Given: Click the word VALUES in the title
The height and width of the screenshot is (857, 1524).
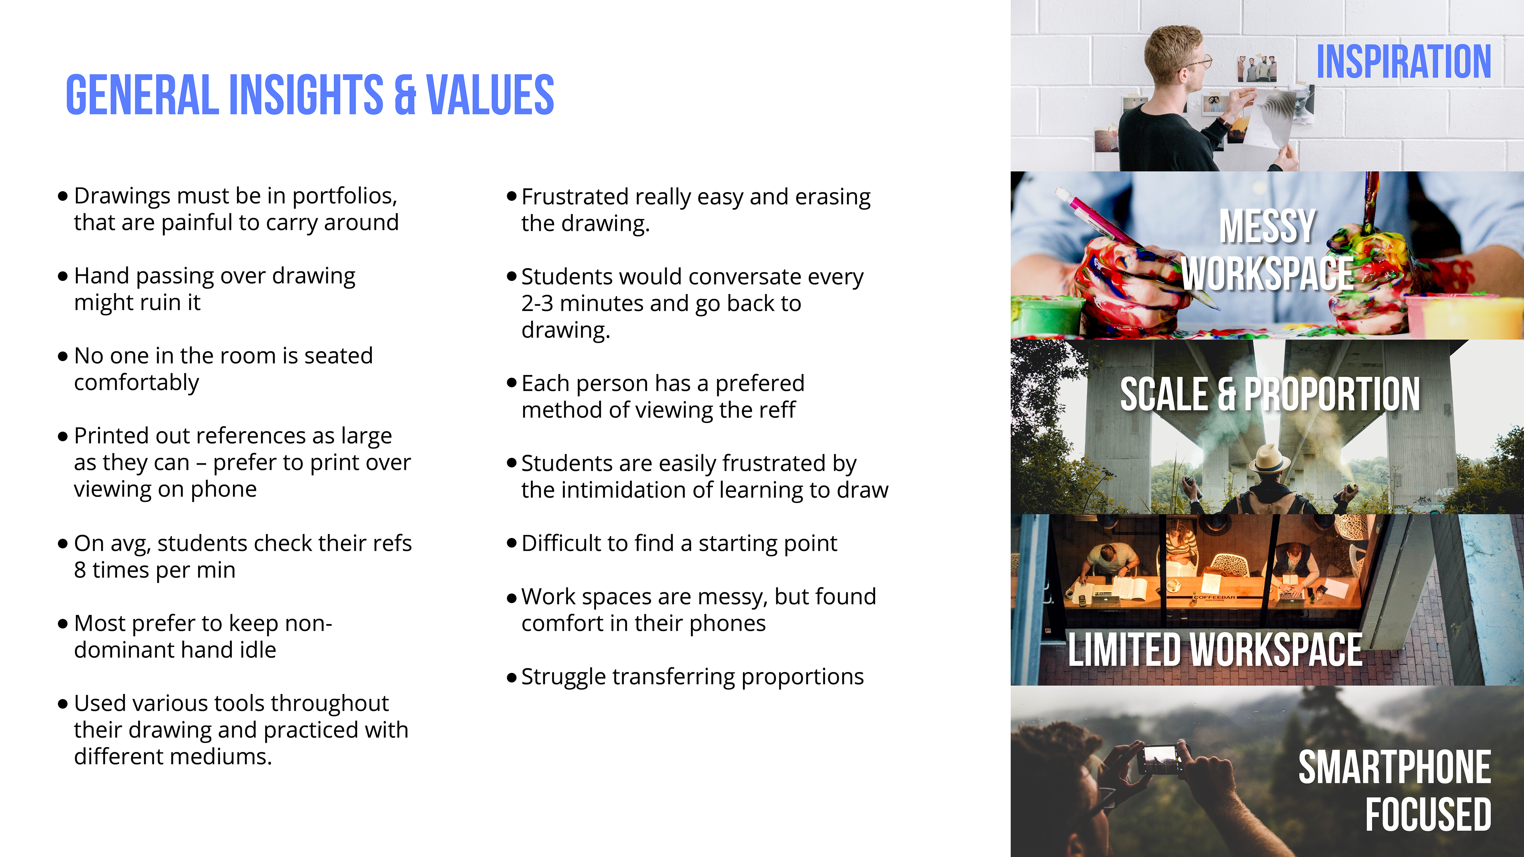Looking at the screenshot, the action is click(490, 95).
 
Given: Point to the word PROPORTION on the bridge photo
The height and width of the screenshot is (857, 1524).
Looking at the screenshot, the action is click(1332, 394).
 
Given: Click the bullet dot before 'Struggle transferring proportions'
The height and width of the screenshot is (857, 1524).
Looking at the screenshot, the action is click(512, 678).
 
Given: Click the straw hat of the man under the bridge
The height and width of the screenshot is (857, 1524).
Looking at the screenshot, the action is click(1269, 458).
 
